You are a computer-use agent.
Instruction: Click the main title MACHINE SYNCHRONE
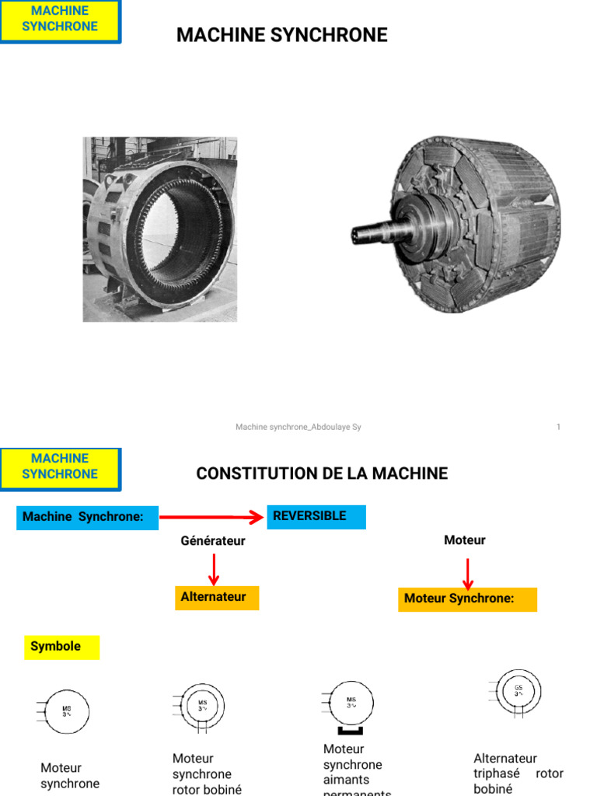click(281, 35)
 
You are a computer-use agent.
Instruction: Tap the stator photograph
click(160, 229)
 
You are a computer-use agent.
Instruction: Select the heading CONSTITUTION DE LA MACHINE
click(322, 473)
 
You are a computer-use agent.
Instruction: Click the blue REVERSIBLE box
click(316, 517)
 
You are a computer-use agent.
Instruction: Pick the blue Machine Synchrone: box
click(87, 518)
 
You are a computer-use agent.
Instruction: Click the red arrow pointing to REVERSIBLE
click(212, 517)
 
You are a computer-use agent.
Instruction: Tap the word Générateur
click(213, 540)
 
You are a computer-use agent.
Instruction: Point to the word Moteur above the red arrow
click(465, 539)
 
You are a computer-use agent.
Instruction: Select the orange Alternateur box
click(216, 597)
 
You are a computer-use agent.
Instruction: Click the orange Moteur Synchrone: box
click(467, 599)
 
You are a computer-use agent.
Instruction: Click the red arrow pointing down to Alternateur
click(214, 569)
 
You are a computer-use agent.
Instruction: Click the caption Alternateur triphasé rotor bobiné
click(518, 773)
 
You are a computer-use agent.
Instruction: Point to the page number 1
click(558, 427)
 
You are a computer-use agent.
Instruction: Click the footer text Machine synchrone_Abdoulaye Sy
click(298, 427)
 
